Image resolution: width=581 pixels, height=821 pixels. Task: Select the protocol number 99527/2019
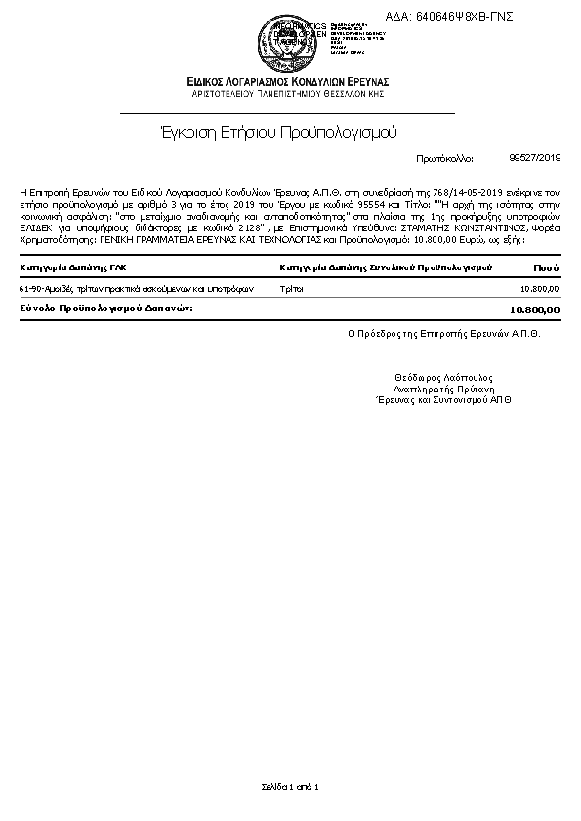[x=535, y=157]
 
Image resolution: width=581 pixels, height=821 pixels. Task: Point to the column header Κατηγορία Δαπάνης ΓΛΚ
[x=73, y=267]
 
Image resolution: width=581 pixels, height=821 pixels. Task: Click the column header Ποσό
[x=546, y=267]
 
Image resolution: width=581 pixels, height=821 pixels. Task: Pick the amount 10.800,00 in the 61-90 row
[x=540, y=289]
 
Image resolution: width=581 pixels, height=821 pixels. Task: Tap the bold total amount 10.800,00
[x=535, y=309]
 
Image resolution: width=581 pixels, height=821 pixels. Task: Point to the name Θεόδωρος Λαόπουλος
[x=443, y=377]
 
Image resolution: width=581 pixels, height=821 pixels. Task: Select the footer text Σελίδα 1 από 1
[x=290, y=786]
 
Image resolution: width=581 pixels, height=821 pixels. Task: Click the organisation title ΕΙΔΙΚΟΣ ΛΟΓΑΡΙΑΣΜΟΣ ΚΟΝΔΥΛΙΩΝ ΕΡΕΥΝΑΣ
[x=289, y=81]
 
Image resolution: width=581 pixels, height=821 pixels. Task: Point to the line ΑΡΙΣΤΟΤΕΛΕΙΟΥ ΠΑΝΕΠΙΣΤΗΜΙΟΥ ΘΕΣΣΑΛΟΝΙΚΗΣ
[x=289, y=93]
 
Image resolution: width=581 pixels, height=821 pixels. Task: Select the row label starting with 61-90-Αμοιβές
[x=136, y=289]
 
